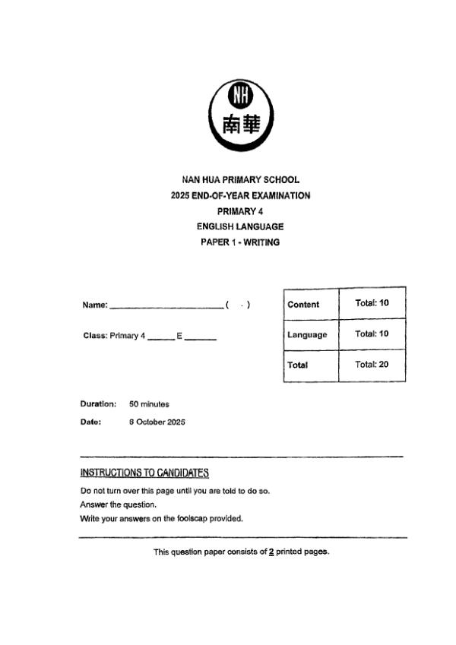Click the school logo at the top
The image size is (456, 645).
tap(240, 115)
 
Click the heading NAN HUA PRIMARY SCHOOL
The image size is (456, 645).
tap(240, 180)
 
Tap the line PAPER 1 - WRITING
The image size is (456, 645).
tap(240, 242)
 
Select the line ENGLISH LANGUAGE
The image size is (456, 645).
tap(240, 226)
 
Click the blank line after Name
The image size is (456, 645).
tap(166, 307)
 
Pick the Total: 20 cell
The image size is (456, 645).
tap(372, 364)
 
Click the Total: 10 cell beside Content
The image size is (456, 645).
tap(372, 303)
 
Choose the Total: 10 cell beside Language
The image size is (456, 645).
tap(372, 334)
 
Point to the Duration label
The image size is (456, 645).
tap(98, 404)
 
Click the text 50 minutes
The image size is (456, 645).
tap(150, 404)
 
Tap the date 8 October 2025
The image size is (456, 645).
tap(157, 422)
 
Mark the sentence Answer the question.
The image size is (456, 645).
tap(118, 504)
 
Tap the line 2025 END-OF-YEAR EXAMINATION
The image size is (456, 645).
tap(240, 195)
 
